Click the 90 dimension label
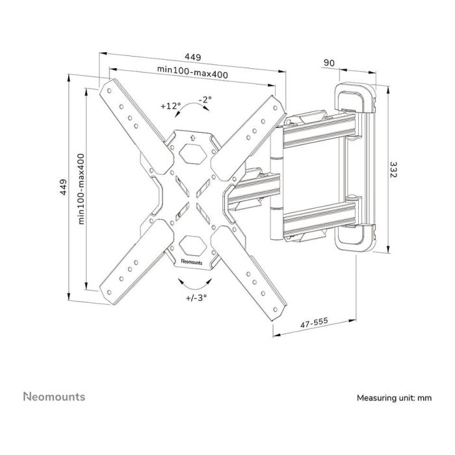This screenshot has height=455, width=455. click(x=329, y=62)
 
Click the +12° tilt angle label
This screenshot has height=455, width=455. click(x=170, y=105)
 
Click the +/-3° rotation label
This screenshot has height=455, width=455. click(x=196, y=298)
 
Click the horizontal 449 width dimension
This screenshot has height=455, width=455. click(x=192, y=57)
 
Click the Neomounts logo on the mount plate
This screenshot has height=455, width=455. click(x=192, y=261)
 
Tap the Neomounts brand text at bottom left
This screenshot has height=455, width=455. click(x=54, y=396)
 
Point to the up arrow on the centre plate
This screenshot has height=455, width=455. click(x=192, y=137)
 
